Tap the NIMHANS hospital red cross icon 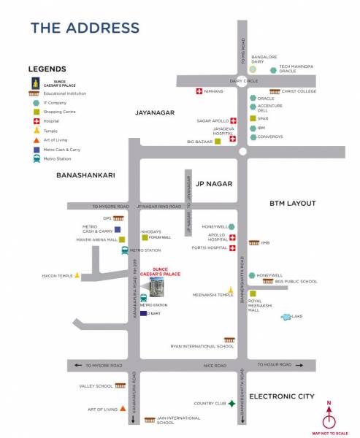point(199,91)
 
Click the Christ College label point(299,91)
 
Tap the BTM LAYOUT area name point(291,204)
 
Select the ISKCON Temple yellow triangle point(77,276)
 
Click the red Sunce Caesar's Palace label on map point(164,272)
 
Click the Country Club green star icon point(231,403)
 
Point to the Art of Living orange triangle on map point(123,409)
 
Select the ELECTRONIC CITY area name point(281,396)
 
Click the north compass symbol point(329,418)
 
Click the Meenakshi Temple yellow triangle point(231,291)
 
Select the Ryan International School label point(202,346)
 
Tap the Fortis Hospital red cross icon point(232,248)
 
